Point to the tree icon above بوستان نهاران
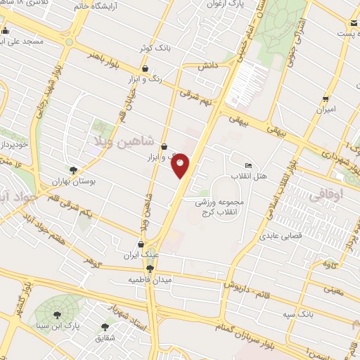coord(72,169)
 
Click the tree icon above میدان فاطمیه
coord(150,268)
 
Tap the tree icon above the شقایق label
coord(105,326)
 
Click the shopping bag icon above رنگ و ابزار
coord(145,69)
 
